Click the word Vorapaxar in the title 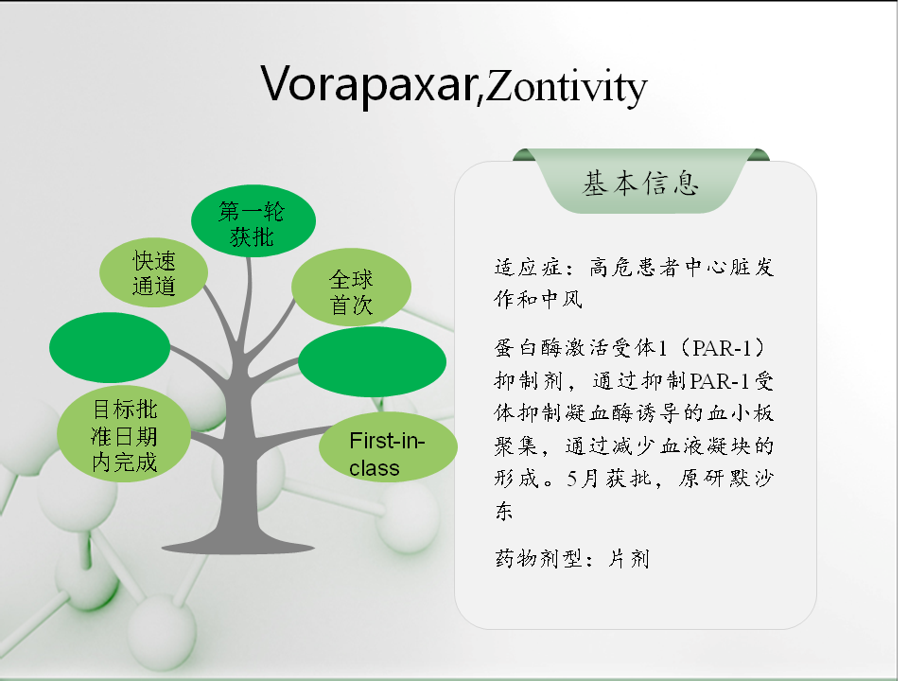click(368, 84)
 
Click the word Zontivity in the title click(567, 87)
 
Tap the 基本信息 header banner click(641, 182)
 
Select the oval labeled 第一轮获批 click(253, 220)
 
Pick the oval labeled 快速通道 click(153, 272)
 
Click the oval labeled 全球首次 click(352, 288)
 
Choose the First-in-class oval click(388, 447)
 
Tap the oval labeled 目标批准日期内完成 click(124, 434)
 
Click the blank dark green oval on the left click(110, 347)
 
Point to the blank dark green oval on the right click(373, 362)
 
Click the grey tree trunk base click(238, 541)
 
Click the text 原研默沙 click(726, 479)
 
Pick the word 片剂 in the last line click(629, 559)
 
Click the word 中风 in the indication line click(562, 300)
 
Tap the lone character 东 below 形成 click(504, 511)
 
